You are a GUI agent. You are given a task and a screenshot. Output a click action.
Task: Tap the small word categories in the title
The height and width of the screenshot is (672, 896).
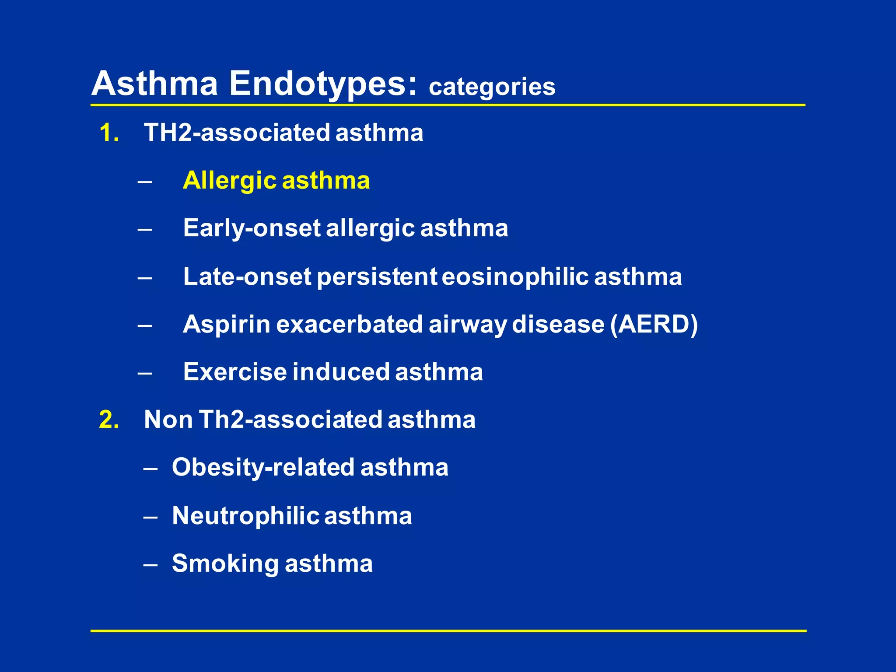pyautogui.click(x=492, y=87)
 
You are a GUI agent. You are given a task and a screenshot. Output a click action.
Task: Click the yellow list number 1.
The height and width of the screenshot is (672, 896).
pyautogui.click(x=109, y=133)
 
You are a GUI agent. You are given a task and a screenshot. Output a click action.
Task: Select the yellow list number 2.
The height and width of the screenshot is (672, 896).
pyautogui.click(x=109, y=419)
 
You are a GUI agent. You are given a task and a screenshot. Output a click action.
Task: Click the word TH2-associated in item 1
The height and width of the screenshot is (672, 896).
pyautogui.click(x=237, y=133)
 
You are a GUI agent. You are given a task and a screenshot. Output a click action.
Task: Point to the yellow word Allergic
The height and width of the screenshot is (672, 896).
pyautogui.click(x=229, y=180)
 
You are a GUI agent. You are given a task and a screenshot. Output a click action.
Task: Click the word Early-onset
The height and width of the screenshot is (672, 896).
pyautogui.click(x=252, y=228)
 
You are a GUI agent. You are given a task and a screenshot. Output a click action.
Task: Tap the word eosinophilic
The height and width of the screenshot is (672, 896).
pyautogui.click(x=515, y=276)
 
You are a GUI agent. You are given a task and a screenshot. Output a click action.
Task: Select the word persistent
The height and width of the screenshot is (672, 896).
pyautogui.click(x=376, y=276)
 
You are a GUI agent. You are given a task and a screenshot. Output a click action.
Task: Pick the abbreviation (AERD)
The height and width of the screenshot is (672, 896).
pyautogui.click(x=654, y=324)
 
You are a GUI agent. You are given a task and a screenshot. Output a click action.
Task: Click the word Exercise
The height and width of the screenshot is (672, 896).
pyautogui.click(x=235, y=372)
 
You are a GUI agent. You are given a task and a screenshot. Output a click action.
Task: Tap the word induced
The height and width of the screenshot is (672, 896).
pyautogui.click(x=341, y=372)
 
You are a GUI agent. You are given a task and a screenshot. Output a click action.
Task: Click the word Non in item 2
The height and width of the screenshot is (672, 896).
pyautogui.click(x=168, y=419)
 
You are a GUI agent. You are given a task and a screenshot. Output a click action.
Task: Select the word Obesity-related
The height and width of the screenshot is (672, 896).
pyautogui.click(x=263, y=467)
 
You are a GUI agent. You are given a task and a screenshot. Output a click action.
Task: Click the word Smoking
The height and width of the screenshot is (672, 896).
pyautogui.click(x=225, y=563)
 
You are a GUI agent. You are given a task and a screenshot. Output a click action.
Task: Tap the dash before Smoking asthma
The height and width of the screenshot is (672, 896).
pyautogui.click(x=150, y=565)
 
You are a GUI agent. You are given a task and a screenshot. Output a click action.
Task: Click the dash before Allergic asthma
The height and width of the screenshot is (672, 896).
pyautogui.click(x=144, y=181)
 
